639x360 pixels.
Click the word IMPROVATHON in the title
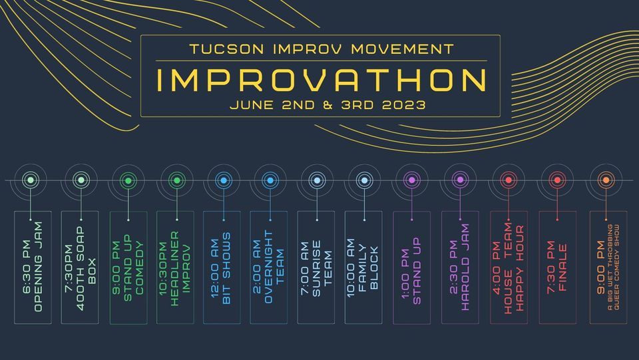click(321, 81)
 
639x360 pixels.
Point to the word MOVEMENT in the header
click(402, 49)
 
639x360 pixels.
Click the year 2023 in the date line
click(404, 105)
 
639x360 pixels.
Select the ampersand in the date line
click(328, 105)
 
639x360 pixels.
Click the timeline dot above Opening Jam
click(31, 180)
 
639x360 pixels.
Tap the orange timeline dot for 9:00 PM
click(606, 180)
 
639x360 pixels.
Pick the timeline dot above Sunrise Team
click(317, 180)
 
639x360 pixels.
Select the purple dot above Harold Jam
click(460, 180)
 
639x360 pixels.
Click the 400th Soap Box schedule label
click(80, 268)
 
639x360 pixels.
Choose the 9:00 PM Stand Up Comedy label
click(128, 268)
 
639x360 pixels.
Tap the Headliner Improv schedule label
click(175, 268)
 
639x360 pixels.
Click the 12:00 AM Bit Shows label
click(222, 268)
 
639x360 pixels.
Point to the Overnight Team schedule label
click(268, 267)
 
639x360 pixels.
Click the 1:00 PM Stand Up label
click(411, 271)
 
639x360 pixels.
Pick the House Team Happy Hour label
click(509, 268)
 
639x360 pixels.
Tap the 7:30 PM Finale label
click(558, 267)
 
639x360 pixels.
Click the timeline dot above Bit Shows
click(224, 180)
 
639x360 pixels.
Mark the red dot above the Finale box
click(558, 180)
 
